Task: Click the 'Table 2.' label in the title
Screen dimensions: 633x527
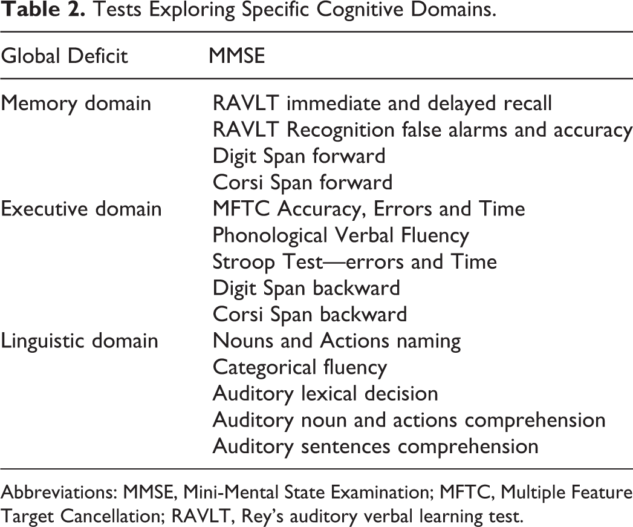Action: point(42,10)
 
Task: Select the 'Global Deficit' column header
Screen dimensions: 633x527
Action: point(64,56)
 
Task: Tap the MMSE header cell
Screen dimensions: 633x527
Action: point(237,56)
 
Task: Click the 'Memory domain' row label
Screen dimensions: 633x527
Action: point(76,103)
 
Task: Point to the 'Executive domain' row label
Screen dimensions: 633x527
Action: point(81,209)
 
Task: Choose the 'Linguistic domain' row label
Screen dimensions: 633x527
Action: point(80,341)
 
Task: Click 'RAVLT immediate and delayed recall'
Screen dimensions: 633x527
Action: point(382,103)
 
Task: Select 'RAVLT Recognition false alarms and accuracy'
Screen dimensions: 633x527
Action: point(423,130)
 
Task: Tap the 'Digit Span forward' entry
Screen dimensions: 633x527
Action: point(299,156)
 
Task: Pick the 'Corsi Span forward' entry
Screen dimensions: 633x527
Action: point(303,183)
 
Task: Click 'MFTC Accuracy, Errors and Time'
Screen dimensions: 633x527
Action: point(369,209)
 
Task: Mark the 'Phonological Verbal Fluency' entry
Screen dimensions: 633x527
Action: point(341,235)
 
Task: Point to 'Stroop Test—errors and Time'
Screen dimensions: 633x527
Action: point(355,262)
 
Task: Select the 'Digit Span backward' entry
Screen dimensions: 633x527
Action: point(307,288)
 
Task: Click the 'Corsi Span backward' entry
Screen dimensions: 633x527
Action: point(310,315)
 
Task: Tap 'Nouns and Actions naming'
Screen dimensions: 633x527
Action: point(337,341)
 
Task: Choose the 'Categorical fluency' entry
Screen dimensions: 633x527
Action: point(300,367)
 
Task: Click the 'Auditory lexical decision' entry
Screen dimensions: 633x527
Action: point(325,394)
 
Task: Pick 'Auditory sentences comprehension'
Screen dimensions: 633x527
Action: point(375,447)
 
